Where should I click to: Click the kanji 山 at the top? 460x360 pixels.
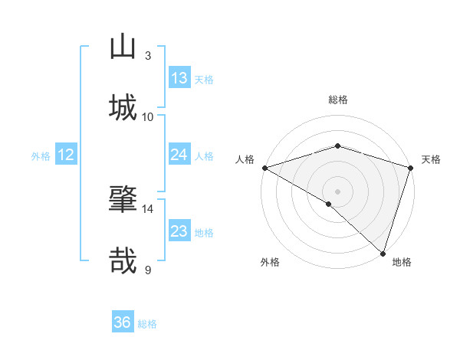click(123, 47)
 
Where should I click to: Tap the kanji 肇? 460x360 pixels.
click(123, 199)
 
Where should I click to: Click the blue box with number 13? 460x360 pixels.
click(179, 78)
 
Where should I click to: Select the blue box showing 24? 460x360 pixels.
click(179, 155)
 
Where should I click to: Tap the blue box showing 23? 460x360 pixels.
click(179, 231)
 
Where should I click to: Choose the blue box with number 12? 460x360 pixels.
click(66, 155)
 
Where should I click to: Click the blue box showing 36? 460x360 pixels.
click(123, 322)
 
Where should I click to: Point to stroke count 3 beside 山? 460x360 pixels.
click(148, 56)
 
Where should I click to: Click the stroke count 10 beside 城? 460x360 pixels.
click(148, 116)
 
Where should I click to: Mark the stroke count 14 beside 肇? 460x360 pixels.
click(148, 208)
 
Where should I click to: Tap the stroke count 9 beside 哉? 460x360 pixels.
click(148, 270)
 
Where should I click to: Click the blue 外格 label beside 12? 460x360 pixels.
click(41, 156)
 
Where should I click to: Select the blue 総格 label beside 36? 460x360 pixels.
click(147, 324)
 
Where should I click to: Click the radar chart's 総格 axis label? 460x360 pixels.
click(338, 100)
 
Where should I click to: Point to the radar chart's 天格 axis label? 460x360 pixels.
click(431, 159)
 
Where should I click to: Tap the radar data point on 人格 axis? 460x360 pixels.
click(264, 168)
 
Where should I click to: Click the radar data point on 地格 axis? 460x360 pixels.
click(383, 254)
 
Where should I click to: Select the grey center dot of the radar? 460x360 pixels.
click(337, 191)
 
